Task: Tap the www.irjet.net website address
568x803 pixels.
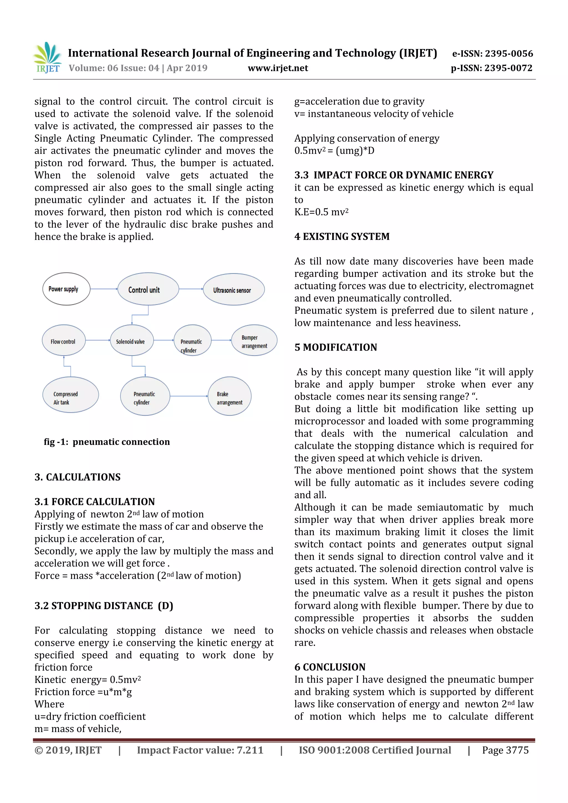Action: [x=278, y=68]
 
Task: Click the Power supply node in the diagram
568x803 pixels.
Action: [x=66, y=289]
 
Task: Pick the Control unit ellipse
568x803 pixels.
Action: [x=148, y=289]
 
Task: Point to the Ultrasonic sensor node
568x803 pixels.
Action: [x=234, y=290]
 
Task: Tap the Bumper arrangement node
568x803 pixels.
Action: [x=254, y=341]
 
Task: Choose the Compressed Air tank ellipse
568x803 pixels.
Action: [x=70, y=395]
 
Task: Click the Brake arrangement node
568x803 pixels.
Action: [x=229, y=397]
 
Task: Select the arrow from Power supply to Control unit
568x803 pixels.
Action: [x=104, y=289]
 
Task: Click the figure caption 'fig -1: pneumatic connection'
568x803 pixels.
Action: [x=107, y=442]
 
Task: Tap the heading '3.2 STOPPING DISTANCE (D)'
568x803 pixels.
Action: [x=104, y=606]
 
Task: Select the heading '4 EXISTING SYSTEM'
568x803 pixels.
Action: [x=342, y=237]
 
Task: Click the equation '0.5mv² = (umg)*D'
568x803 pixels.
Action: [x=334, y=151]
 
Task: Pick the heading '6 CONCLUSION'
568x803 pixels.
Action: [x=330, y=667]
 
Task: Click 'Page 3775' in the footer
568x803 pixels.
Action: [x=505, y=750]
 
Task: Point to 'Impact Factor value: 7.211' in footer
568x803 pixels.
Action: [x=200, y=750]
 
